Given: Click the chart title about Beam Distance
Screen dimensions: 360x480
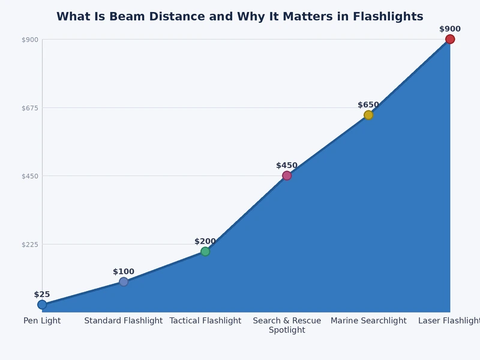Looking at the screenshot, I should pyautogui.click(x=240, y=17).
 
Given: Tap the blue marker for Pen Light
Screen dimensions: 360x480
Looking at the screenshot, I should pyautogui.click(x=42, y=305).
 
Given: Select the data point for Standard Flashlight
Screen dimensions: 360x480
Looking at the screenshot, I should pyautogui.click(x=124, y=282).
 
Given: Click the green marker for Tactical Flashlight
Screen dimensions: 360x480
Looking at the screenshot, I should pyautogui.click(x=205, y=251).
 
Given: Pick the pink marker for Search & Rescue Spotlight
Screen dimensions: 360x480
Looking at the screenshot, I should pyautogui.click(x=287, y=176).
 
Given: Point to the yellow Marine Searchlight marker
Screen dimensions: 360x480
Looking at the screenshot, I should pyautogui.click(x=368, y=115).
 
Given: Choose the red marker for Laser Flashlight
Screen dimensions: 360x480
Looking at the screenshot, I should pyautogui.click(x=450, y=40).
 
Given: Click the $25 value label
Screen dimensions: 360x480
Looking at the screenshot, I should pyautogui.click(x=42, y=295).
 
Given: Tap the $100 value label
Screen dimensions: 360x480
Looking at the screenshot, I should pyautogui.click(x=124, y=272).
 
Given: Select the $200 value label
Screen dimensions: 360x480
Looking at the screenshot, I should pyautogui.click(x=205, y=242).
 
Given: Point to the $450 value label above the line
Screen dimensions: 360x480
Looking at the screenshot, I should pyautogui.click(x=287, y=166).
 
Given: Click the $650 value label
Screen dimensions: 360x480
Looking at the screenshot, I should pyautogui.click(x=368, y=105).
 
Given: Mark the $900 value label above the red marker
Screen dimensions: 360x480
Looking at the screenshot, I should pyautogui.click(x=450, y=29).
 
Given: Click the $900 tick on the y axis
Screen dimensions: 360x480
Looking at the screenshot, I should pyautogui.click(x=30, y=40).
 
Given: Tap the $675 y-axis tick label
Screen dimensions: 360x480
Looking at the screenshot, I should pyautogui.click(x=30, y=108).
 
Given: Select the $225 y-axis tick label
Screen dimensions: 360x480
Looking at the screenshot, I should pyautogui.click(x=30, y=244).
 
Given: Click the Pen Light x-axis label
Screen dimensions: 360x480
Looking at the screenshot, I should pyautogui.click(x=42, y=321).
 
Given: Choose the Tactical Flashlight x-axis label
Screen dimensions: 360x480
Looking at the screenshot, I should pyautogui.click(x=205, y=321).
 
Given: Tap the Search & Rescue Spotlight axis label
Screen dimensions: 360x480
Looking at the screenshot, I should pyautogui.click(x=287, y=325).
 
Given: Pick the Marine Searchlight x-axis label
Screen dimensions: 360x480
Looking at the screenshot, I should pyautogui.click(x=368, y=321).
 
